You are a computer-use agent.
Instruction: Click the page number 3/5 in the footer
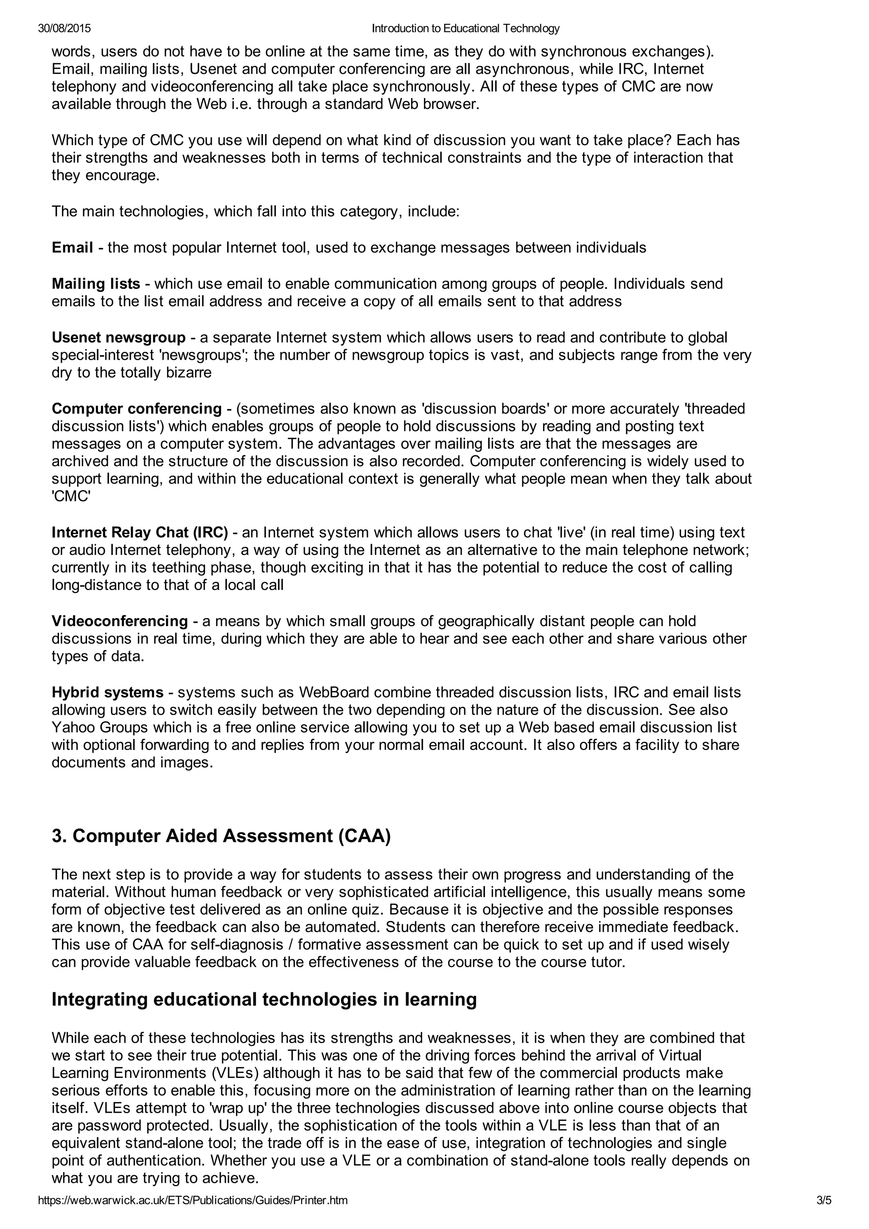tap(824, 1215)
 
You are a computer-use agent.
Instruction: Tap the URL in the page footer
tap(193, 1215)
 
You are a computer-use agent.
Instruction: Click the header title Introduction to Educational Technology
tap(465, 28)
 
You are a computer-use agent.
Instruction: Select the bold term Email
tap(72, 247)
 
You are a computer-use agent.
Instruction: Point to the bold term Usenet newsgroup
tap(118, 337)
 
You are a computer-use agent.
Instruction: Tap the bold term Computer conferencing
tap(137, 409)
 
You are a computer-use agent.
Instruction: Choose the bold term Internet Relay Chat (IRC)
tap(140, 532)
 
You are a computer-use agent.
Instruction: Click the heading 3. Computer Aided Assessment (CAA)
tap(221, 836)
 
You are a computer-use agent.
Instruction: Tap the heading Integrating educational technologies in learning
tap(264, 999)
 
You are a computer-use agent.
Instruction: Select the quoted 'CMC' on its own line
tap(71, 496)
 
